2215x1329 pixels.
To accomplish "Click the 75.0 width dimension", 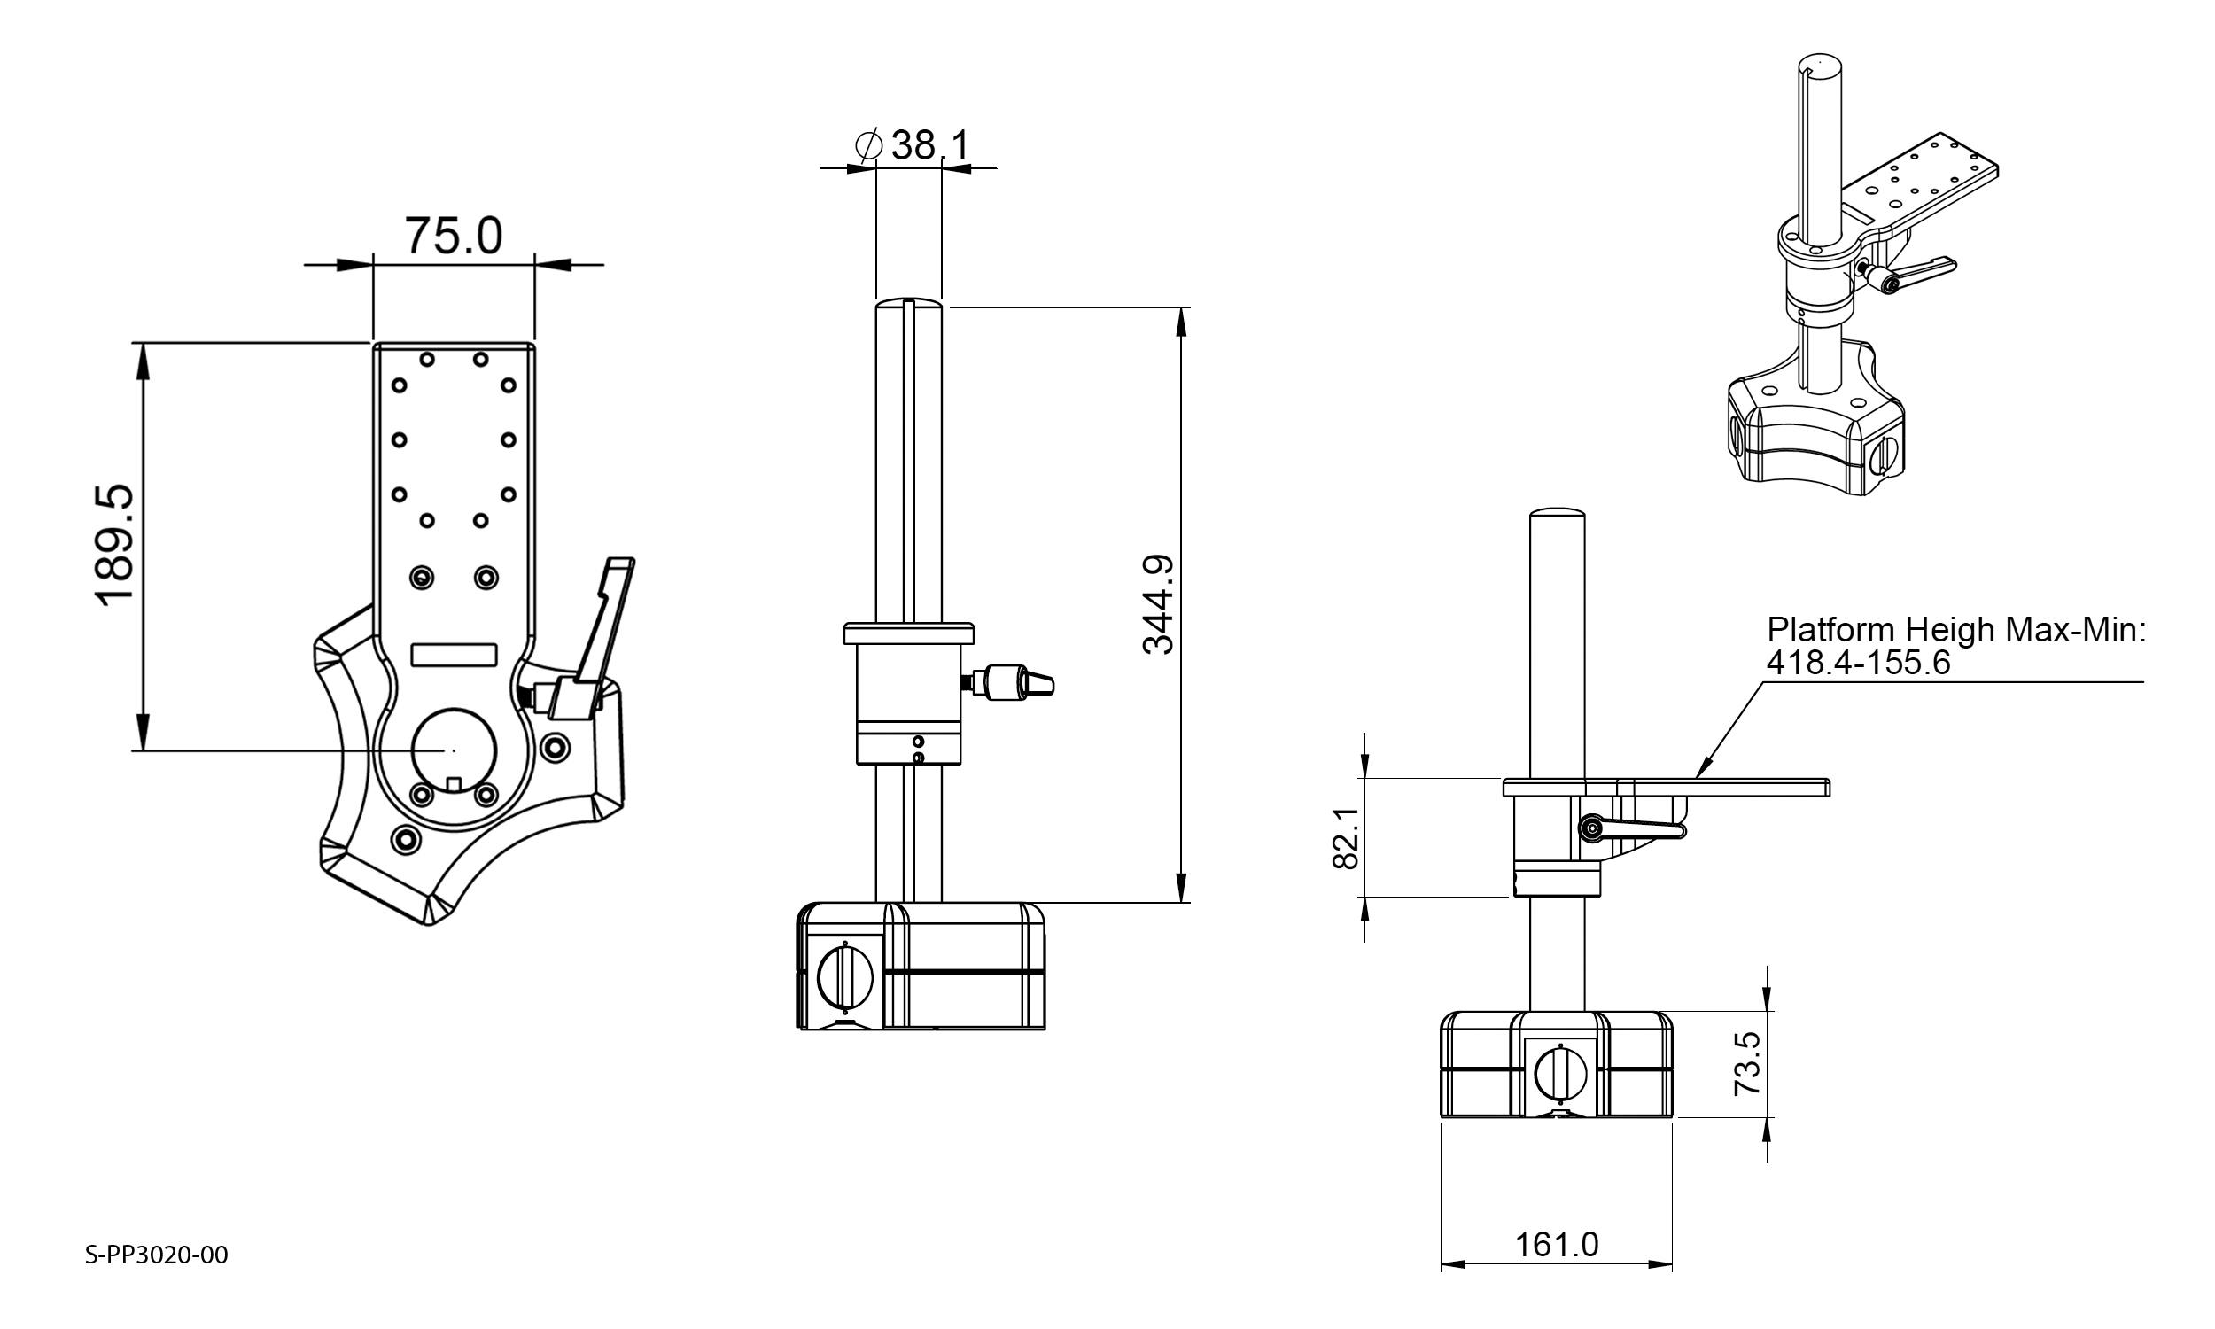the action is [x=453, y=236].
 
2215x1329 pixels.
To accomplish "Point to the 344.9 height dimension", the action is [x=1160, y=605].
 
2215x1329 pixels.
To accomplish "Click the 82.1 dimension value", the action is [x=1347, y=838].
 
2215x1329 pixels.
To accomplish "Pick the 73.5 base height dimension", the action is [x=1748, y=1064].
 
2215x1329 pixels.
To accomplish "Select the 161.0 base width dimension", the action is [x=1556, y=1245].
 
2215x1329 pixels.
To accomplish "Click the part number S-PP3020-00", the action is [x=157, y=1255].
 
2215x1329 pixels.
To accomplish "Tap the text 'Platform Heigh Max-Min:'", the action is [x=1956, y=631].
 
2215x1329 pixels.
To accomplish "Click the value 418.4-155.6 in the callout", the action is [x=1858, y=663].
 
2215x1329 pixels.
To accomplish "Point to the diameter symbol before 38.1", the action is [x=868, y=145].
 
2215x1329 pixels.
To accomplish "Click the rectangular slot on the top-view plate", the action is [x=454, y=655].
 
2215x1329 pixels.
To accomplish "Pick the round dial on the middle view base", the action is [x=844, y=976].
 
